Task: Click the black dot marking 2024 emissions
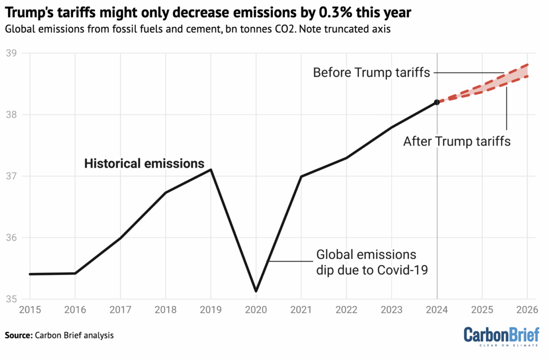[437, 103]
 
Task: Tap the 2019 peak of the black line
[211, 169]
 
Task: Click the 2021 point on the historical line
[301, 176]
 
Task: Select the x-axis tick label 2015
[30, 310]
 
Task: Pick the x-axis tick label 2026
[527, 310]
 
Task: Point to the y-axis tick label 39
[11, 53]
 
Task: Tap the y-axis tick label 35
[11, 299]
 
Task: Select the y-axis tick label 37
[11, 176]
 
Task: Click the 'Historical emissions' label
[145, 164]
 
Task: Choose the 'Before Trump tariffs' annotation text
[371, 73]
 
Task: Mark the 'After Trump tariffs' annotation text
[457, 141]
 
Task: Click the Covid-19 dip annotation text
[371, 262]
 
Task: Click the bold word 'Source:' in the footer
[18, 335]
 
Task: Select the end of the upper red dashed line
[527, 65]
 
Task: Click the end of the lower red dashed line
[527, 76]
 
